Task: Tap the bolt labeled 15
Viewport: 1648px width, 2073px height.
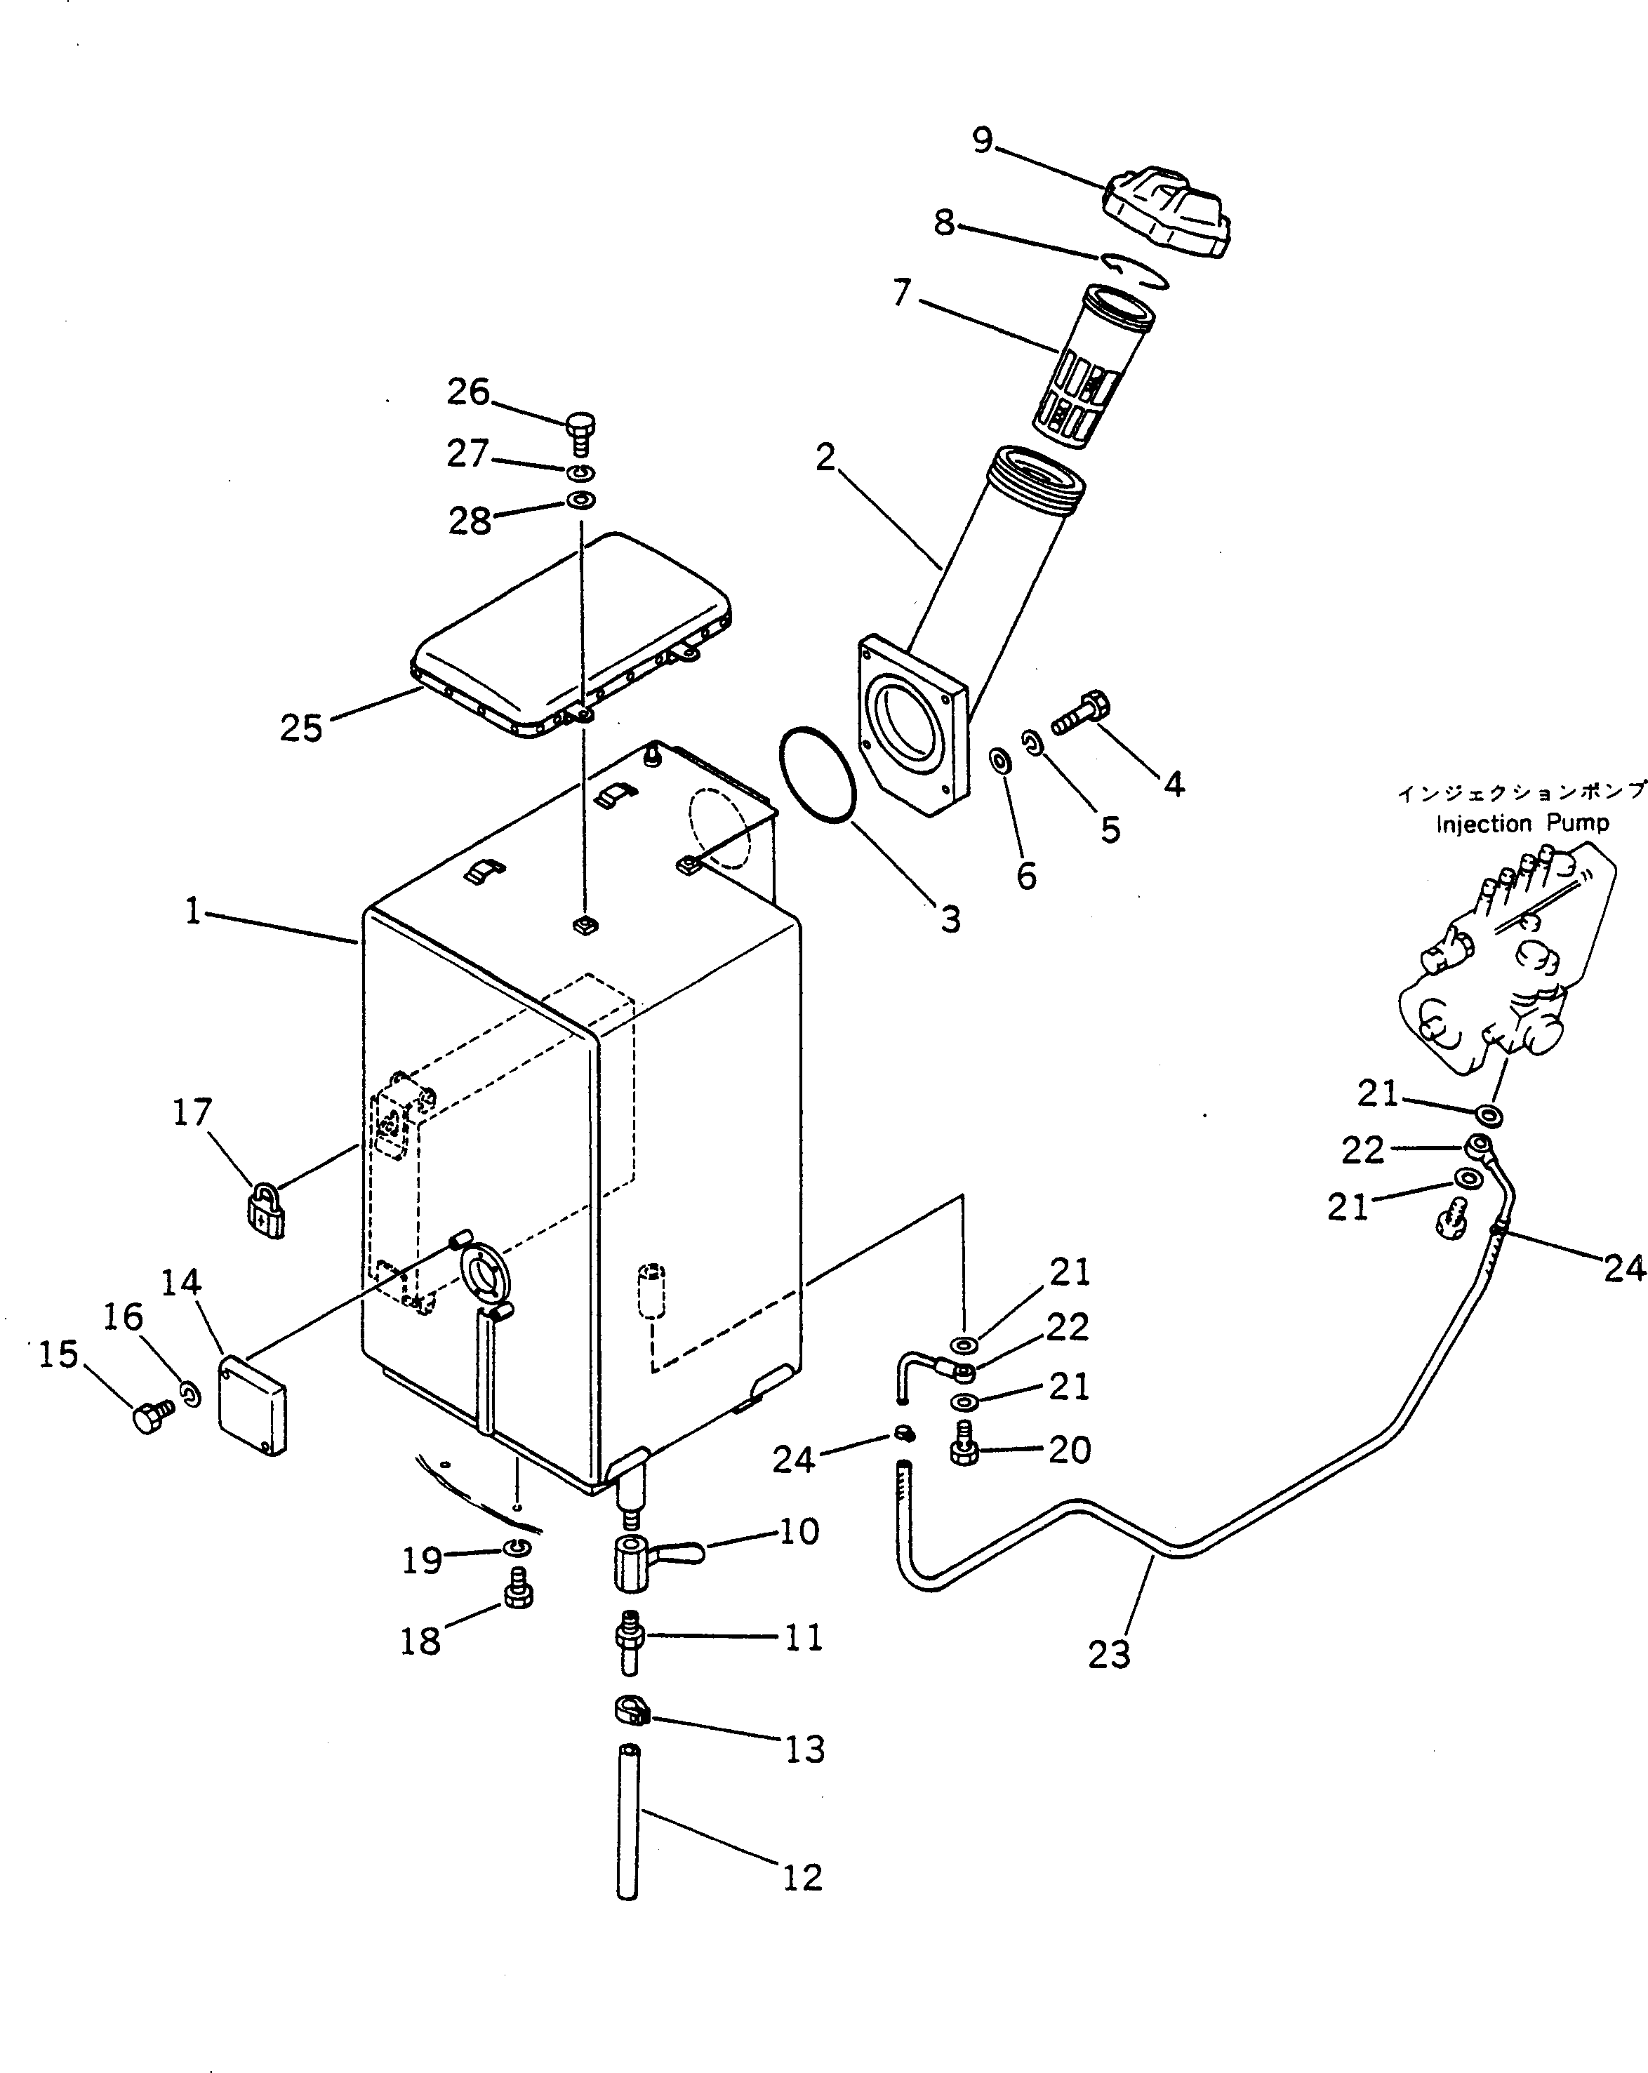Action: [x=150, y=1418]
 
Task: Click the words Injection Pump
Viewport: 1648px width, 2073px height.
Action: [x=1521, y=824]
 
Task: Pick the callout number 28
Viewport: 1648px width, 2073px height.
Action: [x=470, y=521]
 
